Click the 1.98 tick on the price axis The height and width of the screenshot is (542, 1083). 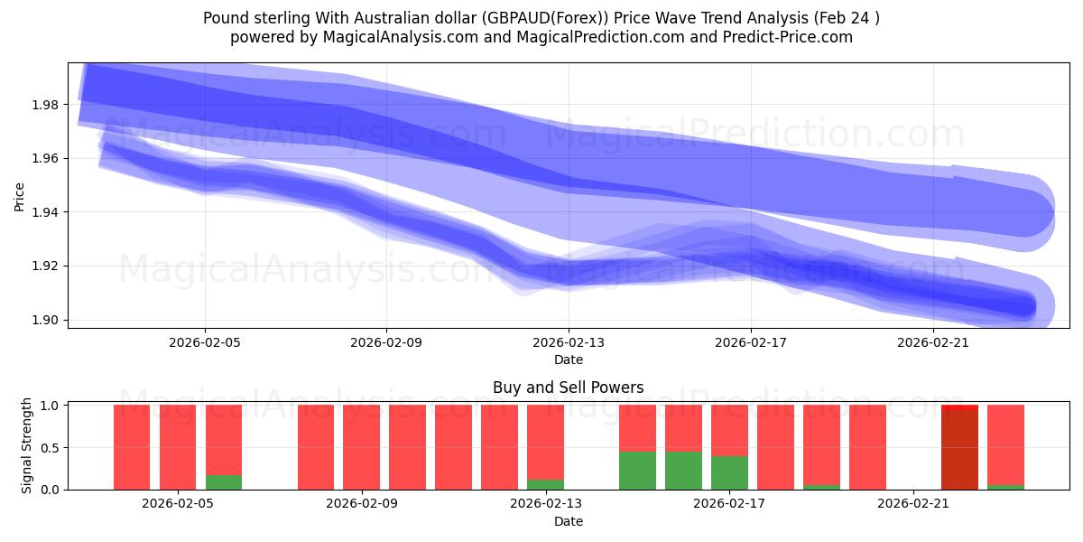point(44,105)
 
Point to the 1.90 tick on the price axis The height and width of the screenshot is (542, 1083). point(44,320)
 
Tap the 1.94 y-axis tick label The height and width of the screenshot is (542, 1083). point(44,212)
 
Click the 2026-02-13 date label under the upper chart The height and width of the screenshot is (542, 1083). point(569,342)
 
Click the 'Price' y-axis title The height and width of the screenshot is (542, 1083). point(20,196)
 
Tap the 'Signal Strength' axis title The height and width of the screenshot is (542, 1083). point(27,445)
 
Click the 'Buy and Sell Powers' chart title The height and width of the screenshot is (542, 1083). point(568,388)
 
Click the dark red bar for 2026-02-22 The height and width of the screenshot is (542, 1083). point(959,448)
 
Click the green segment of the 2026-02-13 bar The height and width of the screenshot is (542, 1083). point(545,484)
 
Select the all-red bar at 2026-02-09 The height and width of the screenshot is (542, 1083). point(362,447)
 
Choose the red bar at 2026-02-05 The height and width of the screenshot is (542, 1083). point(178,447)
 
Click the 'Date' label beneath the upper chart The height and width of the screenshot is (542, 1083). point(568,360)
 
